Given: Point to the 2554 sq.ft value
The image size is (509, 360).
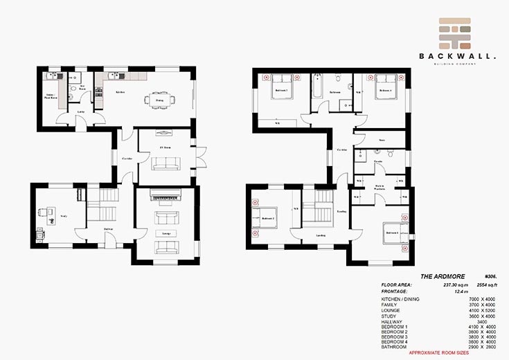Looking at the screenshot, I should pos(476,285).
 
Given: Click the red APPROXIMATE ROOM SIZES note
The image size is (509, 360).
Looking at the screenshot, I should pos(444,353).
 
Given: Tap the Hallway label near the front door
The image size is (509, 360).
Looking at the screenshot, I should pos(108,228).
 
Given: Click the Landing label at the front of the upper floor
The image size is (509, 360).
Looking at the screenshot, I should pos(321,235).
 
